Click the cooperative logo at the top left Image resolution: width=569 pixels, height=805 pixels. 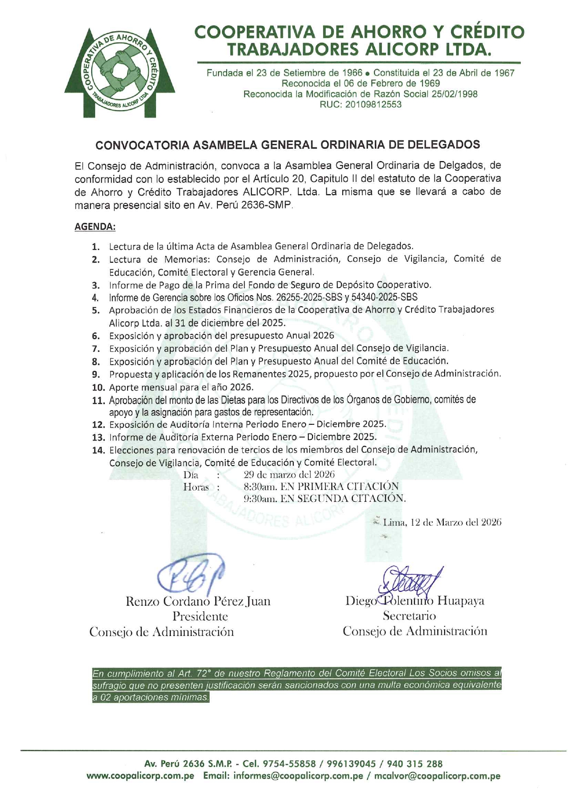coord(120,72)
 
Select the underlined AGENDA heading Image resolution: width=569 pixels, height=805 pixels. coord(95,226)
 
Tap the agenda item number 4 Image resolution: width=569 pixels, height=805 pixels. coord(95,298)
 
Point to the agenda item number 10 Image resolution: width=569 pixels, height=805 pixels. coord(99,388)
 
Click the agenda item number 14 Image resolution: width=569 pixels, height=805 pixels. coord(99,450)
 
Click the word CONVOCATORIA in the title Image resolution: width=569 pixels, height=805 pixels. coord(142,145)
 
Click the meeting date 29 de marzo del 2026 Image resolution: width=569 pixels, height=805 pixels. coord(289,474)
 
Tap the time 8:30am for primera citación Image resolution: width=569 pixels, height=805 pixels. coord(260,486)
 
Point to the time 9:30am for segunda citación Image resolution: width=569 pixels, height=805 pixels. coord(260,498)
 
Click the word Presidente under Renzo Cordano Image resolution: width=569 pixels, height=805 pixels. coord(200,616)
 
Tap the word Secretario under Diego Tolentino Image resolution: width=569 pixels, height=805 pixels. coord(409,616)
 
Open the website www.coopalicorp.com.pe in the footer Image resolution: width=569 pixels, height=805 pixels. coord(140,776)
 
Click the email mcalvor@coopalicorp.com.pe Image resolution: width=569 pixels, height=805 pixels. coord(437,776)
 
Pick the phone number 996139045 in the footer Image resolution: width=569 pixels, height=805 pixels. coord(350,764)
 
